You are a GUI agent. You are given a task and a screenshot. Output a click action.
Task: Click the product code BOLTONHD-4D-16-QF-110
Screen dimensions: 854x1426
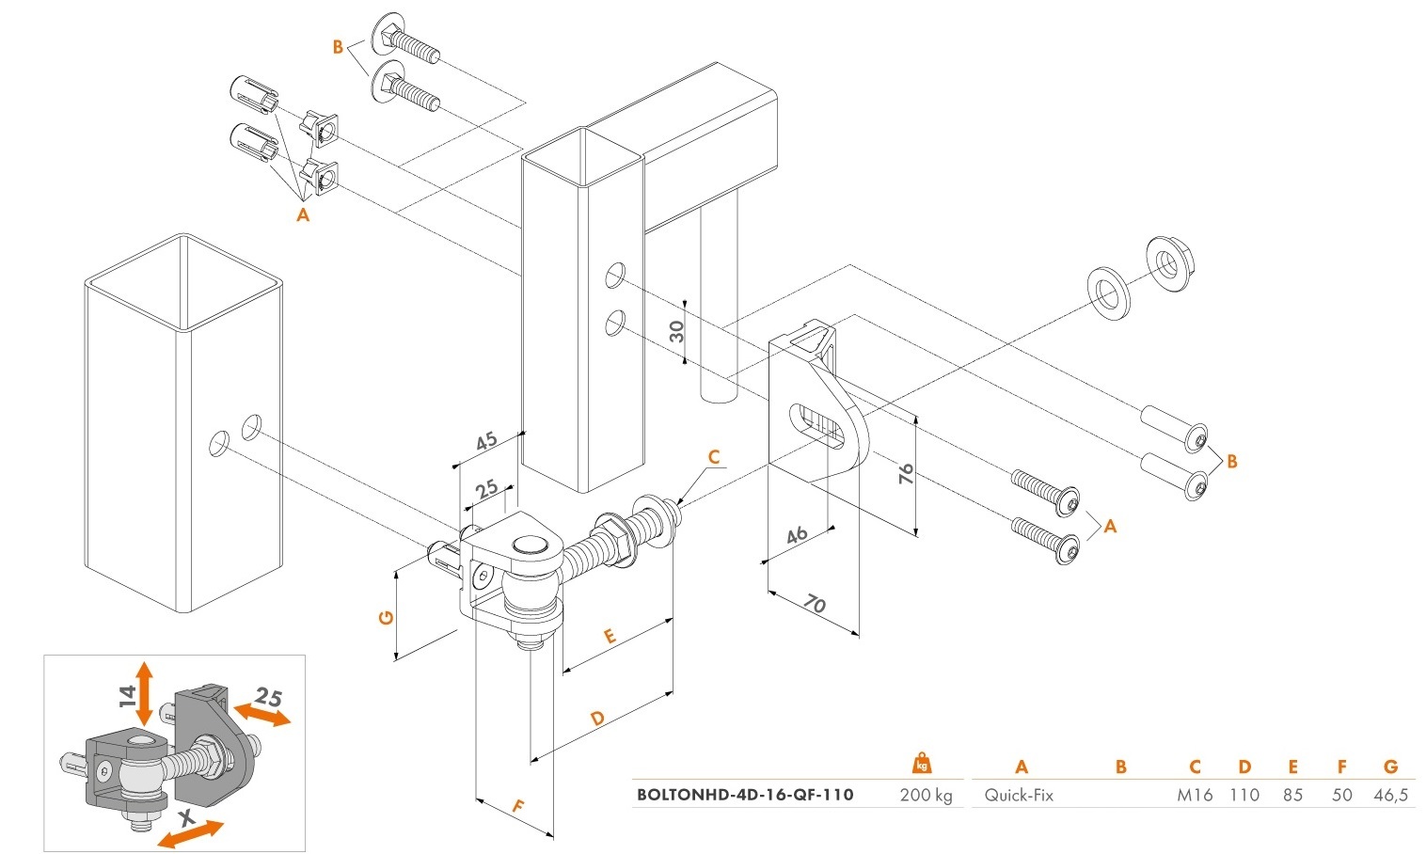click(x=745, y=795)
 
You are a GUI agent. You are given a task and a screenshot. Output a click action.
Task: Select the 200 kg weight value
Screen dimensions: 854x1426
click(x=926, y=796)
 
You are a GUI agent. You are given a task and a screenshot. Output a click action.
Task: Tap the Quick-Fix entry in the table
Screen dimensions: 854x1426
click(x=1019, y=796)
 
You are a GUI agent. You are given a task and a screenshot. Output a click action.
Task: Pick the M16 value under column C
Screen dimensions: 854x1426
click(x=1195, y=796)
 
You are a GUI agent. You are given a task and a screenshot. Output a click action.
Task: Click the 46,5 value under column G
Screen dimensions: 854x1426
click(x=1390, y=796)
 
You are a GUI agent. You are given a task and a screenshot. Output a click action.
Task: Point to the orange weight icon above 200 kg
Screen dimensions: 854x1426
click(x=923, y=764)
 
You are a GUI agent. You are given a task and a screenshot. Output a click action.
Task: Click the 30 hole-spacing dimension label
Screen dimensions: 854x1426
click(x=677, y=331)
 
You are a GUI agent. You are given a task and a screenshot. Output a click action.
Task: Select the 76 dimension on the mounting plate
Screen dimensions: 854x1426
click(x=907, y=474)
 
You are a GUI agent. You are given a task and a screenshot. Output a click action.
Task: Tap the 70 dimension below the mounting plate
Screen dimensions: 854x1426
click(x=816, y=604)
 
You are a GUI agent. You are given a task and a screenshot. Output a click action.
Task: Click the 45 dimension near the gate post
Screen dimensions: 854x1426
click(x=486, y=442)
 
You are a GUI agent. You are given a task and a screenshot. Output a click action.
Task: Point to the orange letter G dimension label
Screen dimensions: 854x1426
click(x=385, y=618)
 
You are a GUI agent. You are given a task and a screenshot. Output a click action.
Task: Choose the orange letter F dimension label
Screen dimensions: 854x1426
click(x=516, y=806)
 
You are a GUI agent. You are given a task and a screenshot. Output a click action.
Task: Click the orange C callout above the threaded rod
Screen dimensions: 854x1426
click(x=714, y=458)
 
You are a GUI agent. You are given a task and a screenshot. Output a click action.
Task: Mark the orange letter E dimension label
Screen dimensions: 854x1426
click(x=609, y=637)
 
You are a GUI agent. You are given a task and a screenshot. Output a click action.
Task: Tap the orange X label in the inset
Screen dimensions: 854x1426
click(x=186, y=821)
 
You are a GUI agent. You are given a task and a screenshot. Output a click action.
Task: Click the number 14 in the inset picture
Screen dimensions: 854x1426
click(x=128, y=696)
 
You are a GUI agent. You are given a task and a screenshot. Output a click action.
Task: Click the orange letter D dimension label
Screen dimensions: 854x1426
click(x=597, y=719)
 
